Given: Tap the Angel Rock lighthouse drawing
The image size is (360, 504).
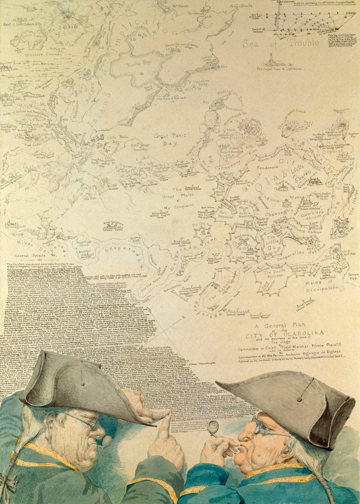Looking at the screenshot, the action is tap(270, 60).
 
